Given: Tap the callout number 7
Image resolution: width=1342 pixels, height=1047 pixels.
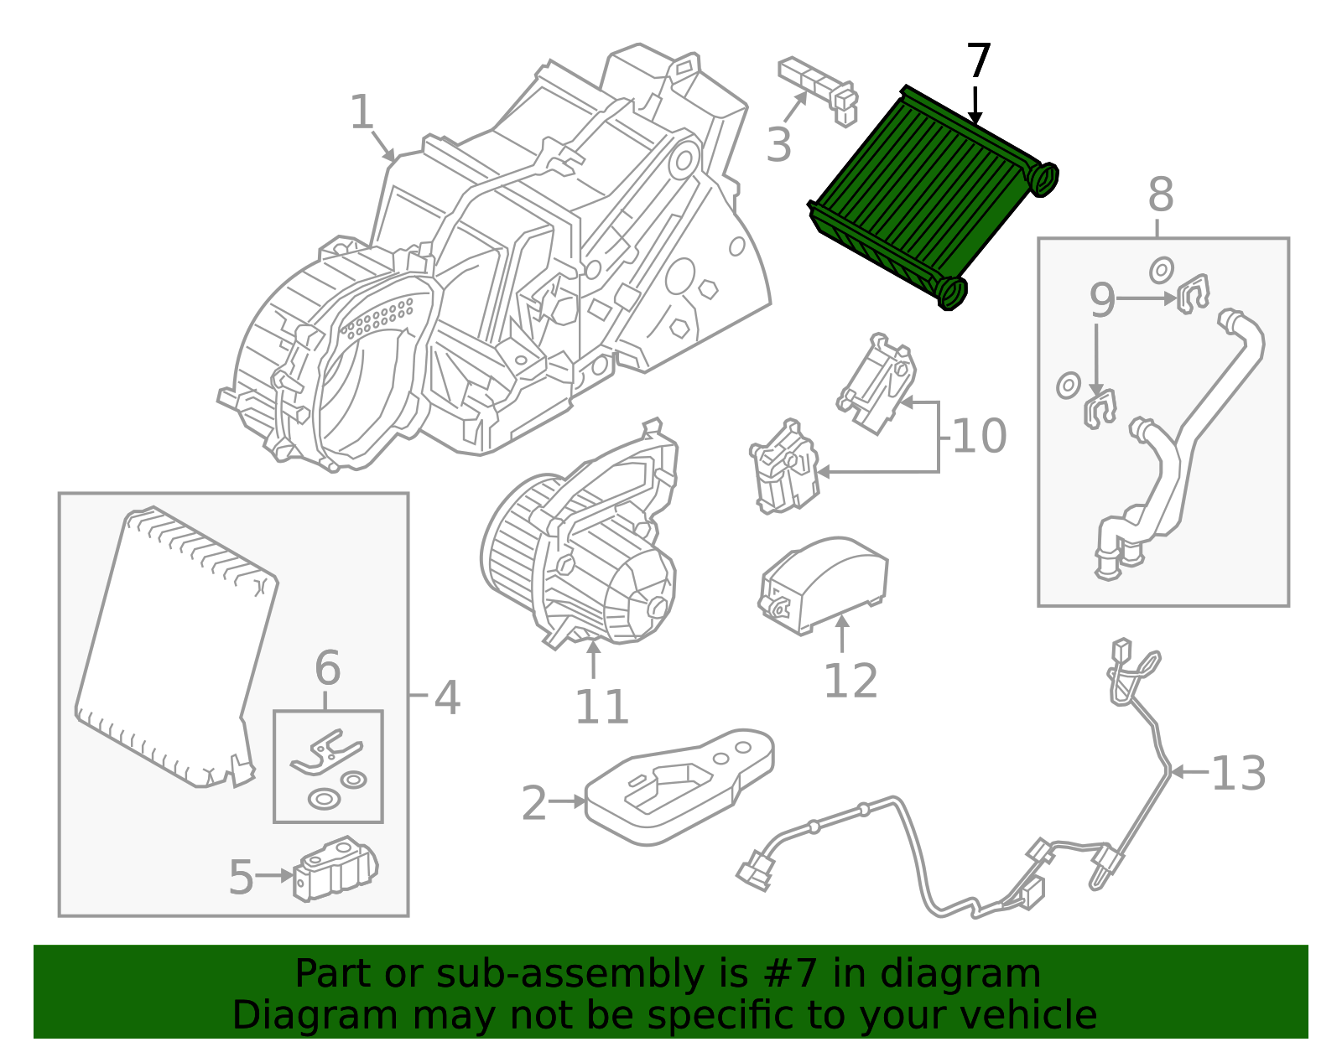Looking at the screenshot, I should [x=978, y=62].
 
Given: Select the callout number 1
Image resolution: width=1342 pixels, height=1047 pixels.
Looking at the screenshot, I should [x=362, y=113].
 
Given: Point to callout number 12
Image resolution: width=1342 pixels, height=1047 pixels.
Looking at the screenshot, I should [x=850, y=681].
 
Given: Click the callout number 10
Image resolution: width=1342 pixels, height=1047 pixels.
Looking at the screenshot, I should [x=979, y=437].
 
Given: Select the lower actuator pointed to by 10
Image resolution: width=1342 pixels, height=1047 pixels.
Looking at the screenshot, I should [x=785, y=468].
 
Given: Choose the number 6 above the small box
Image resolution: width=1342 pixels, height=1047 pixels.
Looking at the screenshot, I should [x=327, y=669].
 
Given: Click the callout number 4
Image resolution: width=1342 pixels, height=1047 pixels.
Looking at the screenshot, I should [x=447, y=697].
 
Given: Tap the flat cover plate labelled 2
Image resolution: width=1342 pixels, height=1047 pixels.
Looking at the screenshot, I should [x=679, y=788].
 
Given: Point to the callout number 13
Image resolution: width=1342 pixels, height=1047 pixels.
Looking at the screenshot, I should [x=1239, y=774].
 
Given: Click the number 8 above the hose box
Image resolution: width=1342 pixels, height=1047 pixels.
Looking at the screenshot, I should [x=1160, y=196].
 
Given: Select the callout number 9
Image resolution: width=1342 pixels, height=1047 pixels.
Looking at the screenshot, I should [x=1102, y=300].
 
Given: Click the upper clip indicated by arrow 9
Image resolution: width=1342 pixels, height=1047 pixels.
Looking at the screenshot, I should [x=1194, y=293].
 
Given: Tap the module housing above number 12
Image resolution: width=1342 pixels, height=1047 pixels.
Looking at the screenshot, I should [x=824, y=583].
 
